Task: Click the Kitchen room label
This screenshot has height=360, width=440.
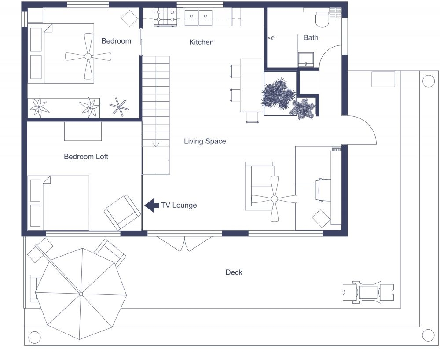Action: point(202,42)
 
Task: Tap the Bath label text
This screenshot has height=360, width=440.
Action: point(311,37)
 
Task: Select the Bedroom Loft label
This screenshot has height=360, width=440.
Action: point(86,156)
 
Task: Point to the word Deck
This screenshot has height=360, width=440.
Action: point(234,272)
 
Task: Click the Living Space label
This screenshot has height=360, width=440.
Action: point(205,141)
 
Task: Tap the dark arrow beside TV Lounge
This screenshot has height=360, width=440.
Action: point(152,205)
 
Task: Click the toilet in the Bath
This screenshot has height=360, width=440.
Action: point(322,18)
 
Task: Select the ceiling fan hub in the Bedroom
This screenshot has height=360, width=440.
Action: point(88,56)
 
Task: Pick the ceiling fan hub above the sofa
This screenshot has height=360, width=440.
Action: point(275,199)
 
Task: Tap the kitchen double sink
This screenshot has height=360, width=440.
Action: point(199,17)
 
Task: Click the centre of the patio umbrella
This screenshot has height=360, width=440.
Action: point(81,294)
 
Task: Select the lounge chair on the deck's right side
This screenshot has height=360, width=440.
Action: point(368,291)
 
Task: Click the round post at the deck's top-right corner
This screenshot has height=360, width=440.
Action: point(428,81)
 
